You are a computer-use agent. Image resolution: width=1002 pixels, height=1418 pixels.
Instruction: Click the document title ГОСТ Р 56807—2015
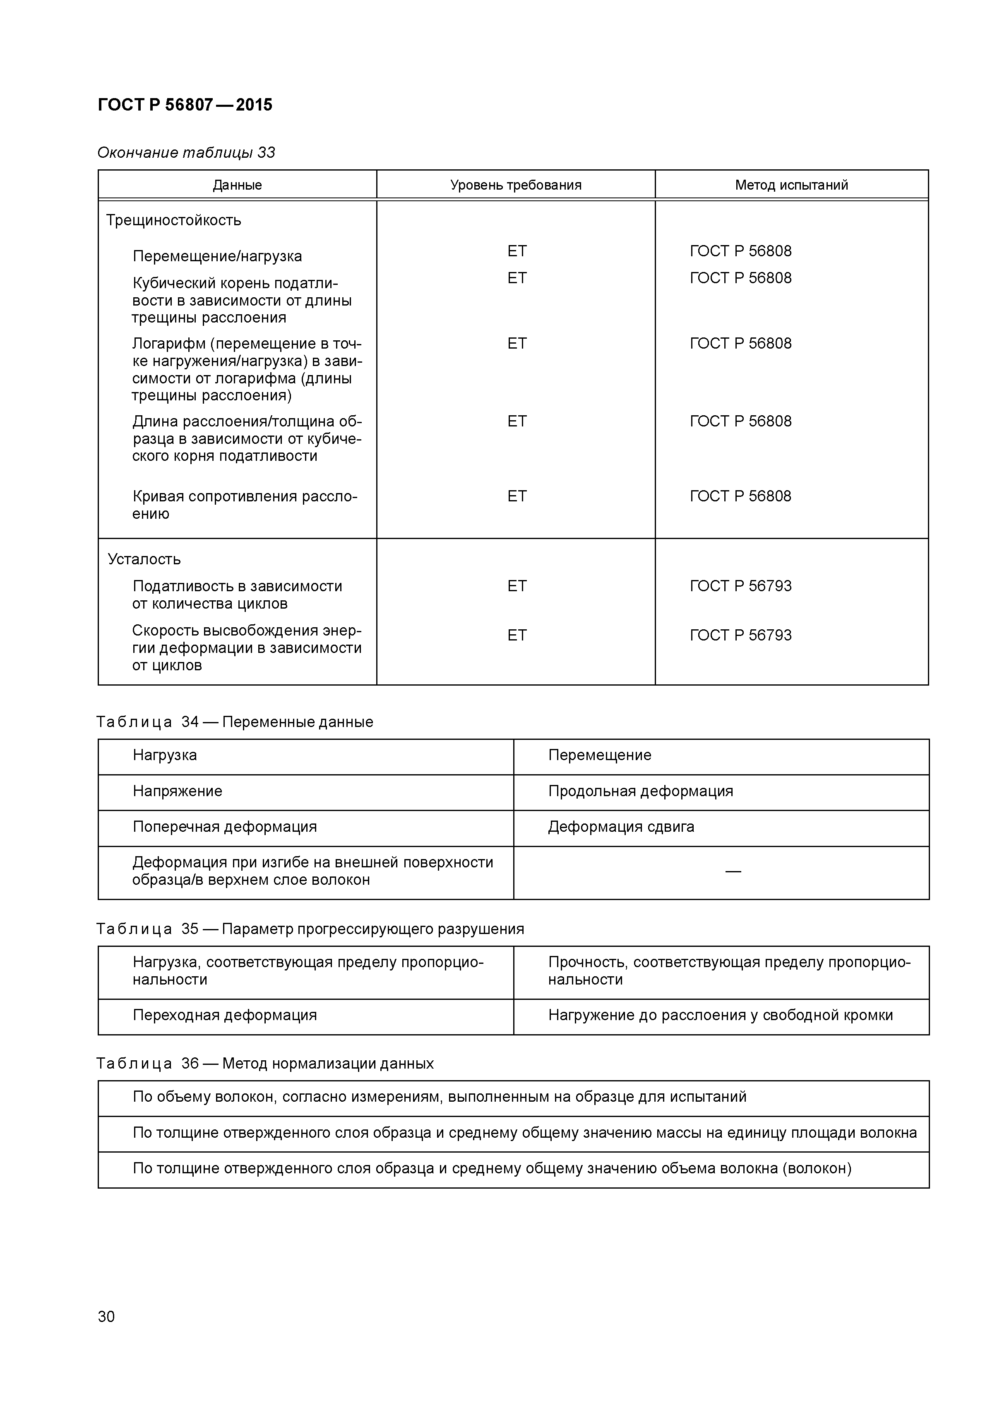pyautogui.click(x=185, y=105)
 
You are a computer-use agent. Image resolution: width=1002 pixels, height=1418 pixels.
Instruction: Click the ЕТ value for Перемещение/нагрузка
pyautogui.click(x=517, y=251)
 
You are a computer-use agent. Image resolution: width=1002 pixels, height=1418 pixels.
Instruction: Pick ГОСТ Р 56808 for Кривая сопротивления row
pyautogui.click(x=740, y=496)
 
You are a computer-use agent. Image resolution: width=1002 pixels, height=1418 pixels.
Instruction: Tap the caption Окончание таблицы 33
pyautogui.click(x=186, y=152)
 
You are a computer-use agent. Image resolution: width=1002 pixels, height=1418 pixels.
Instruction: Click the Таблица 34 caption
pyautogui.click(x=235, y=722)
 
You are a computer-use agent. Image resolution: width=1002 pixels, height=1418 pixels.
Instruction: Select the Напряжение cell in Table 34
pyautogui.click(x=177, y=792)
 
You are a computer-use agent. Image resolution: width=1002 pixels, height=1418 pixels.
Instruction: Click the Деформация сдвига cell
pyautogui.click(x=621, y=827)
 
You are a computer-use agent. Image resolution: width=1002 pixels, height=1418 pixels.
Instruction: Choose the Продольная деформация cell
pyautogui.click(x=640, y=792)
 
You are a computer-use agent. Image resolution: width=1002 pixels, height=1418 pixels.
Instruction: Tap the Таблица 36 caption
pyautogui.click(x=265, y=1064)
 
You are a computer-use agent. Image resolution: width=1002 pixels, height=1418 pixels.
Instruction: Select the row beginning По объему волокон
pyautogui.click(x=439, y=1097)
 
